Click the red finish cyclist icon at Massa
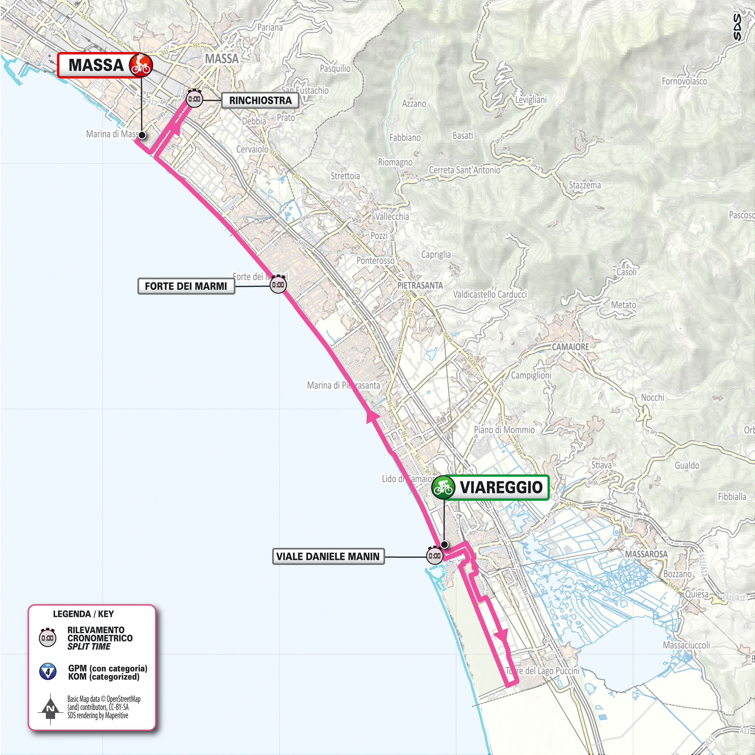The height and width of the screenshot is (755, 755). tap(141, 65)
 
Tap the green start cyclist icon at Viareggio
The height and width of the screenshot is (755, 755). tap(443, 487)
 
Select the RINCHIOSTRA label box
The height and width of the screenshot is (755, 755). tap(260, 100)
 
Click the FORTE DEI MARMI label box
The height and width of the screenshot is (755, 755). tap(186, 286)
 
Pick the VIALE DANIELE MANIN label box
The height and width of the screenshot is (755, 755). tap(328, 556)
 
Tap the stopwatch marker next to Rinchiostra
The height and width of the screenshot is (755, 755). tap(194, 99)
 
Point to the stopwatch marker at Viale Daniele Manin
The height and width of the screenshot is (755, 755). tap(435, 555)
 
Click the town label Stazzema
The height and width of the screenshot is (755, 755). tap(585, 185)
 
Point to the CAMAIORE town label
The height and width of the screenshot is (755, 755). tap(570, 347)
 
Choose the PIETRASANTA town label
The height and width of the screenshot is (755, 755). tap(420, 285)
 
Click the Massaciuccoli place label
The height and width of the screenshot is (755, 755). tap(686, 645)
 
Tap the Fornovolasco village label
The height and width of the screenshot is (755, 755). tap(684, 81)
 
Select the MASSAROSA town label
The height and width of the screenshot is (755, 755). tap(646, 554)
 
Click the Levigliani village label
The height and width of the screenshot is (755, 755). tap(531, 100)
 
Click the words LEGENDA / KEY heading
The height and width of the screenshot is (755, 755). tap(83, 614)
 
